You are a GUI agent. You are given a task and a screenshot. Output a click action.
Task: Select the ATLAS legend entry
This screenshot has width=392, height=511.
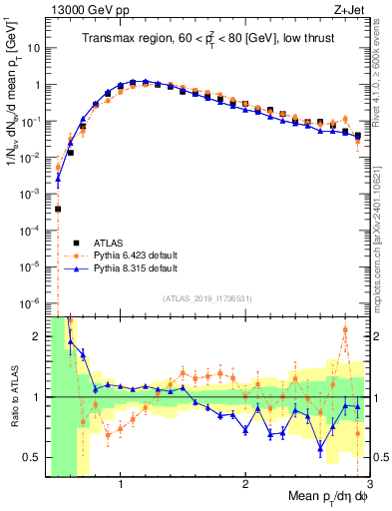click(108, 242)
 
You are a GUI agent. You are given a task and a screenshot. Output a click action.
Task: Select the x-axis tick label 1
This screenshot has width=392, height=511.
click(121, 485)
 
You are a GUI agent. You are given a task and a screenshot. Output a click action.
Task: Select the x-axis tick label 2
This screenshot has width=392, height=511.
click(245, 485)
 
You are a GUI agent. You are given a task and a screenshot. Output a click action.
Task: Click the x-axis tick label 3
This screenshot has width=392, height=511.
click(369, 485)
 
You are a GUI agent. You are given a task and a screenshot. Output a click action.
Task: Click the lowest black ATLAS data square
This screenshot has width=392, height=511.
click(58, 209)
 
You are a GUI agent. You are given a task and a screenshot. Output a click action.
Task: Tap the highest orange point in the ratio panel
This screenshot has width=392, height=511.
click(345, 330)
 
